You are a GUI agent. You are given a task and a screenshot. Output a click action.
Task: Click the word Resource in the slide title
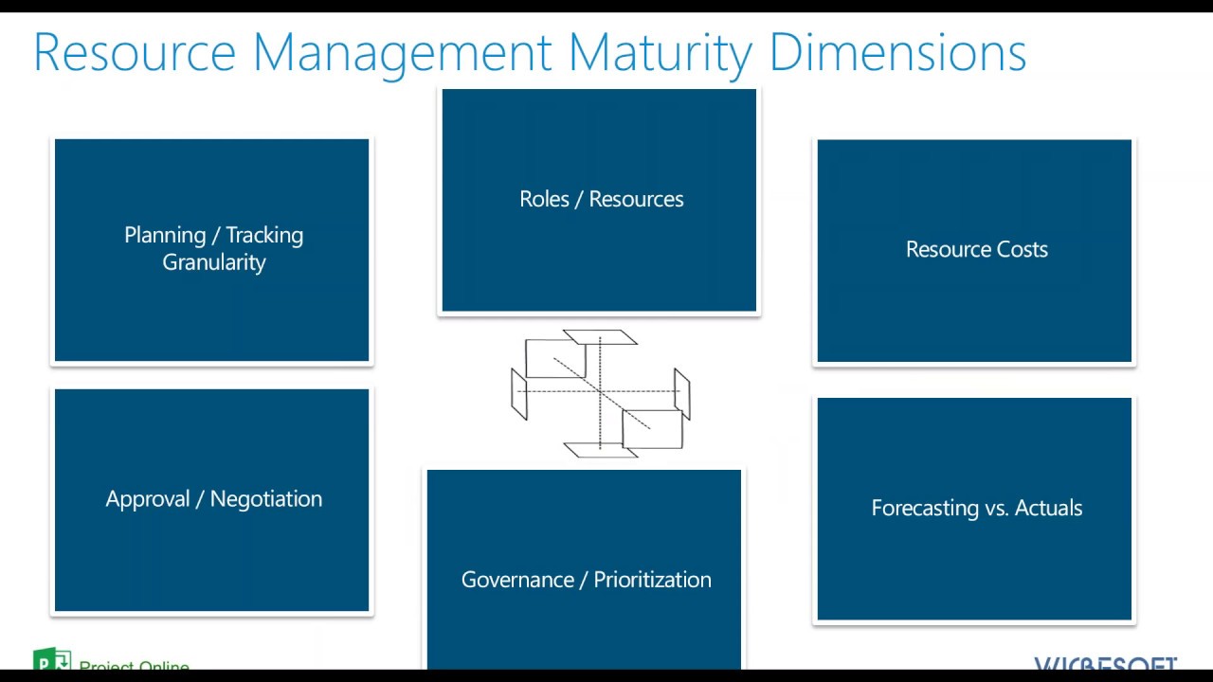(x=135, y=53)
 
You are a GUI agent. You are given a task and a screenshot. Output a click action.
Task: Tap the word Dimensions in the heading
(x=897, y=53)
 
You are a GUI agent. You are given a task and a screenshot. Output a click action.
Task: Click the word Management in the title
(x=402, y=53)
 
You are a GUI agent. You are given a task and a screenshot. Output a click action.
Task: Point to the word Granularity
(x=214, y=262)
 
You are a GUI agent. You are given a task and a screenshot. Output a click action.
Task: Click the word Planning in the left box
(x=165, y=235)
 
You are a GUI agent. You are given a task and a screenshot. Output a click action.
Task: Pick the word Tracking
(x=264, y=235)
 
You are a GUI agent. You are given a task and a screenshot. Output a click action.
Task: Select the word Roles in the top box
(x=544, y=199)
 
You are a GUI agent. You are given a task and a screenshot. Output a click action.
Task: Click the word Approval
(x=148, y=499)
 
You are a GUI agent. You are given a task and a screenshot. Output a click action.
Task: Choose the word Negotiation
(x=266, y=499)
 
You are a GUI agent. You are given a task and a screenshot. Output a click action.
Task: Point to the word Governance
(x=517, y=580)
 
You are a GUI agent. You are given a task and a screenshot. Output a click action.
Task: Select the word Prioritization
(x=653, y=580)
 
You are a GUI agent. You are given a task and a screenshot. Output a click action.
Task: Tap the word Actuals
(x=1048, y=508)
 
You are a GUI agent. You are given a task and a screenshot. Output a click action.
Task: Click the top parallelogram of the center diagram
(x=600, y=337)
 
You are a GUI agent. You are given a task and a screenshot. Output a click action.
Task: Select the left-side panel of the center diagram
(x=518, y=394)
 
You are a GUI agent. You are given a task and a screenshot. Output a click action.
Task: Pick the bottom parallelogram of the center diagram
(x=600, y=449)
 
